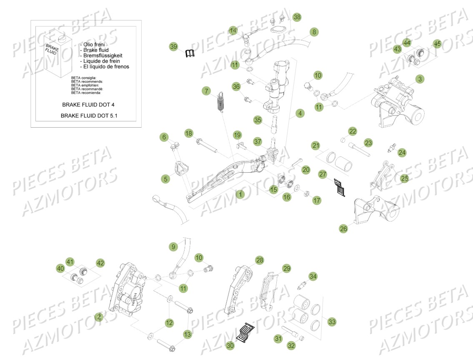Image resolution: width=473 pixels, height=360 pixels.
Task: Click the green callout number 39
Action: click(x=174, y=46)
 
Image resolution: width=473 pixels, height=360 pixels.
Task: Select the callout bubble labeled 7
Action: click(x=206, y=91)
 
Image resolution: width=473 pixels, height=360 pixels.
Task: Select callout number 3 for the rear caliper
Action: click(x=408, y=78)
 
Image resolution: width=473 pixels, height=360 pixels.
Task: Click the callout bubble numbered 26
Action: click(x=343, y=229)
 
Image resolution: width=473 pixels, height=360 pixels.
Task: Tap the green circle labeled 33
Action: click(x=332, y=322)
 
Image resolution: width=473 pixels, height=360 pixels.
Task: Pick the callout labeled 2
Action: click(x=98, y=317)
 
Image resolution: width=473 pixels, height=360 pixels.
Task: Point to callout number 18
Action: click(x=189, y=133)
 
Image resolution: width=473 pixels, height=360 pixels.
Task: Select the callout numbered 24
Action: click(x=401, y=153)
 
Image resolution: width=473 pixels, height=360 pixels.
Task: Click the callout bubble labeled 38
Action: click(x=296, y=17)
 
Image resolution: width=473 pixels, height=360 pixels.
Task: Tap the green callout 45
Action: click(x=437, y=43)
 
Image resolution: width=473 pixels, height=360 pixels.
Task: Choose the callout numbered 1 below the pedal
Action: click(x=240, y=194)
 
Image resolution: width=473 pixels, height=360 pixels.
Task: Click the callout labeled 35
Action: click(x=258, y=120)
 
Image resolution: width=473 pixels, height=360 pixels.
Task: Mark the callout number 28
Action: click(x=259, y=260)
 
